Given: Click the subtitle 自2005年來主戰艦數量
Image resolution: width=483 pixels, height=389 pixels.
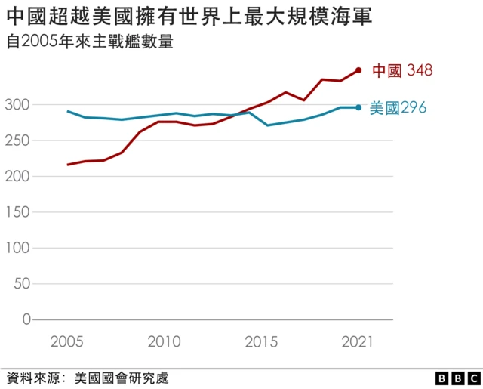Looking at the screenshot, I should pos(89,42).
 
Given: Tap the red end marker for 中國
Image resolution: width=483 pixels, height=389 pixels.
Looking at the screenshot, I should pos(358,70).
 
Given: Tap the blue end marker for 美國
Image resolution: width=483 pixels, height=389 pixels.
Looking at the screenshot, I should pos(358,107).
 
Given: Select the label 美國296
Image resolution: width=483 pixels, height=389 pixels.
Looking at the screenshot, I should pos(398,107).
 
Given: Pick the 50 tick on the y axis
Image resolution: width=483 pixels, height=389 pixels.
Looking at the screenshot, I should pos(22,284).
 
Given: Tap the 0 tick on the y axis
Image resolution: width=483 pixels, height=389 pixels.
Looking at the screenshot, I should pos(26,320).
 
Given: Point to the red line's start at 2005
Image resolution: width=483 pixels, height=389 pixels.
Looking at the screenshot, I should pos(69,165).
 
